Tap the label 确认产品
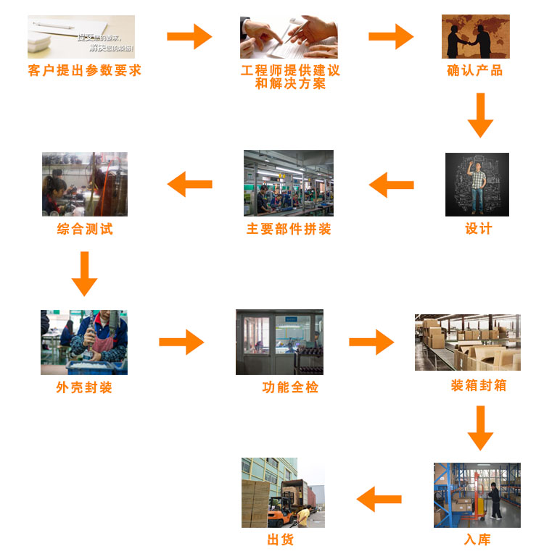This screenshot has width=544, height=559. pyautogui.click(x=475, y=71)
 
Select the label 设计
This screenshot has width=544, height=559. pyautogui.click(x=478, y=229)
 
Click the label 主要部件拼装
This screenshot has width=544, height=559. pyautogui.click(x=289, y=230)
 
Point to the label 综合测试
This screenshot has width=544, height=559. pyautogui.click(x=85, y=230)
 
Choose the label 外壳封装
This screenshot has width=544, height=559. pyautogui.click(x=84, y=387)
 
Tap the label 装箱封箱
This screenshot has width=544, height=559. pyautogui.click(x=479, y=385)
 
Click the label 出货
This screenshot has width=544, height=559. pyautogui.click(x=281, y=540)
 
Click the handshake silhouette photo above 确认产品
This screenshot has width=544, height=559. pyautogui.click(x=475, y=36)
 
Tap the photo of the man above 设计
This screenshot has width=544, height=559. pyautogui.click(x=477, y=184)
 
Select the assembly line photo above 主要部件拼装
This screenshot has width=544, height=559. pyautogui.click(x=288, y=182)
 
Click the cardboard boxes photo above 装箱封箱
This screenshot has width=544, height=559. pyautogui.click(x=467, y=342)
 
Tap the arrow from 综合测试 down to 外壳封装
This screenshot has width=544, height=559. pyautogui.click(x=85, y=274)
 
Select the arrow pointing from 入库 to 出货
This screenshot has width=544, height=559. pyautogui.click(x=379, y=499)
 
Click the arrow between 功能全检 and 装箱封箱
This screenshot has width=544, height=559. pyautogui.click(x=371, y=342)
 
